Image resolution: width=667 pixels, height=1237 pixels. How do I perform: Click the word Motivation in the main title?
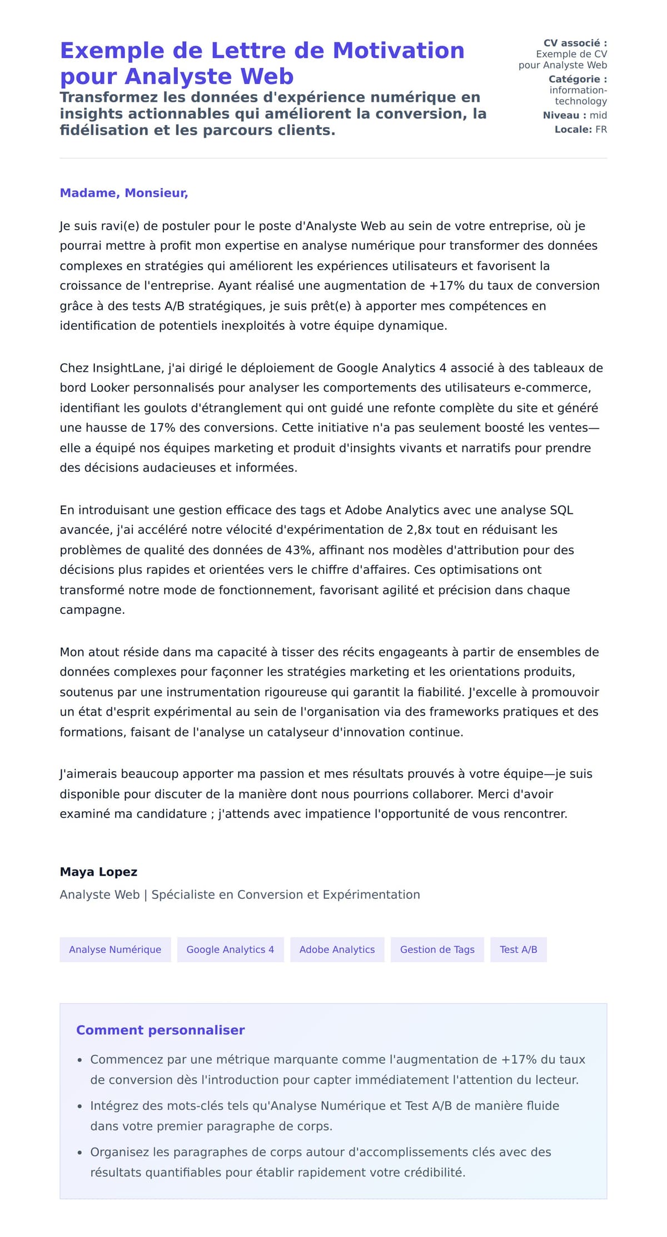click(398, 51)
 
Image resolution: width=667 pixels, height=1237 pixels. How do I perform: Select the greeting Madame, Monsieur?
click(124, 193)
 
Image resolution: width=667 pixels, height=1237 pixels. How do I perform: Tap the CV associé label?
click(575, 43)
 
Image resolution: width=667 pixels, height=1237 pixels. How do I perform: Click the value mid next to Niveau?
click(598, 115)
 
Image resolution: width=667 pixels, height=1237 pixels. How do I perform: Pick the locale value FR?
click(601, 130)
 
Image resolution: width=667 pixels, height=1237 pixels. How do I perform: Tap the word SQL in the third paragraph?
click(561, 510)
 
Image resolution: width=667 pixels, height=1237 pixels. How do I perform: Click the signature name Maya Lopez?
click(98, 872)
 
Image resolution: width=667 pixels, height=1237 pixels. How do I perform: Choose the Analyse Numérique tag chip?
click(115, 950)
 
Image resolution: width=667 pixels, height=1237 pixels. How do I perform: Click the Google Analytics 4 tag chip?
click(230, 950)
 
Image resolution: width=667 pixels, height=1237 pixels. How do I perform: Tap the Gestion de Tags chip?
click(437, 950)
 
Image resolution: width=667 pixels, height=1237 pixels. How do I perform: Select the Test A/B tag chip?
click(518, 950)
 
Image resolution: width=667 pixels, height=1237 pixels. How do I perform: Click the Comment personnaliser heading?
click(160, 1030)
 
